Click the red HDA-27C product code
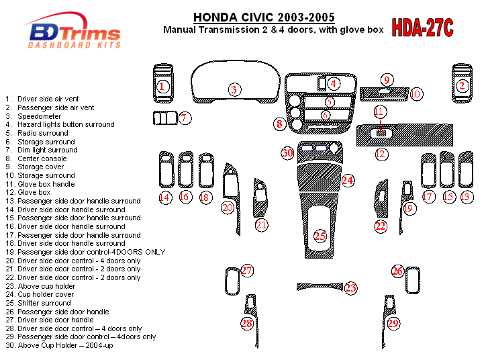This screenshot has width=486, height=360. (422, 28)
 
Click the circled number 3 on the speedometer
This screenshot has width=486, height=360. (234, 89)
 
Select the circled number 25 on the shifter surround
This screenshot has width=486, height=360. (320, 236)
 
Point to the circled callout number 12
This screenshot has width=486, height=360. (381, 154)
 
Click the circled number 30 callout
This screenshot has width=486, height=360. (287, 153)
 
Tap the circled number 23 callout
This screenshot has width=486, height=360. (351, 288)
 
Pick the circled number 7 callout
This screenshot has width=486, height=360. (185, 118)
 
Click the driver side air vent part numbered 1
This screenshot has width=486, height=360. (163, 83)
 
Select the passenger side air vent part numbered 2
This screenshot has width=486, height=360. (462, 83)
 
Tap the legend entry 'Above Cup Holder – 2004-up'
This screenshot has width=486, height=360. (60, 345)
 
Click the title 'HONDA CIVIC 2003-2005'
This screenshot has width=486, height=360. (264, 17)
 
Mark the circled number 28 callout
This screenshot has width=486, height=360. (247, 324)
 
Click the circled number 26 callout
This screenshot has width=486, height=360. (397, 271)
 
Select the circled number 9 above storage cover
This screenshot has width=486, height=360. (387, 80)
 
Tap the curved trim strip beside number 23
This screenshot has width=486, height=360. (320, 286)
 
